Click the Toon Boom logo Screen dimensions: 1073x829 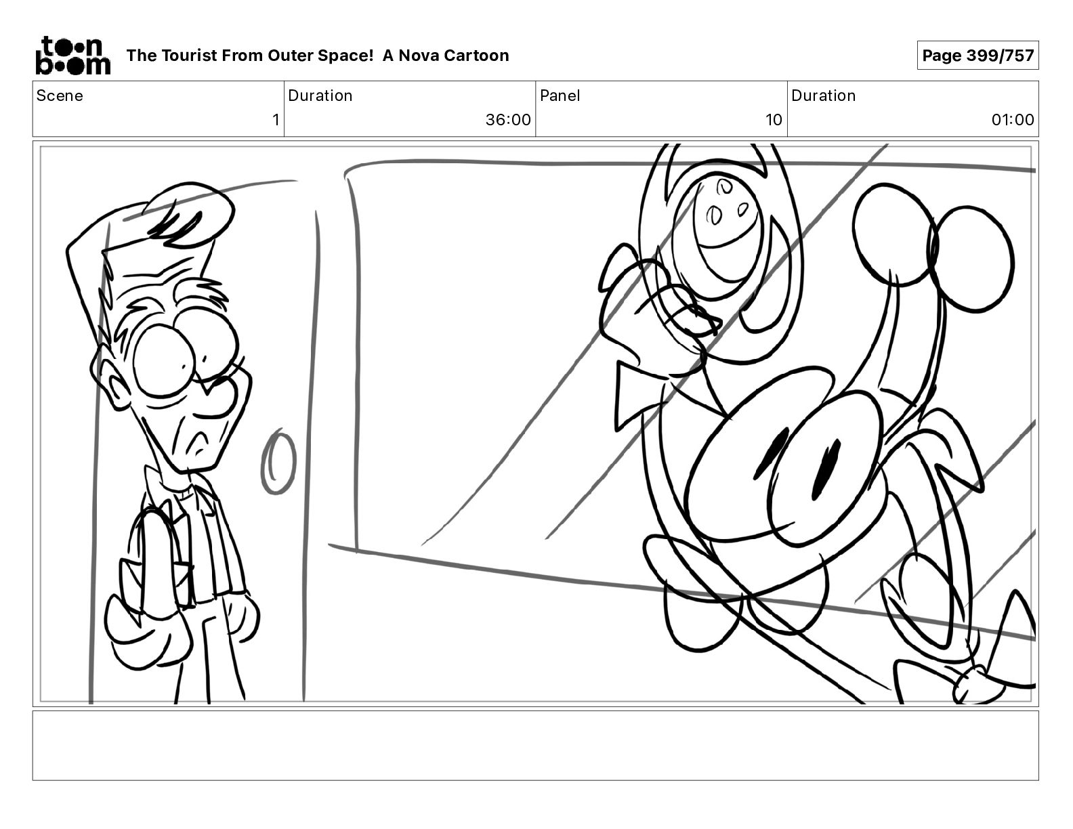pos(73,56)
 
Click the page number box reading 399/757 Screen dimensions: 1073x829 pos(977,56)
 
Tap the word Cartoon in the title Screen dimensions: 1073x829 pos(478,56)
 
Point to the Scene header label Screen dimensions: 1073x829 pos(60,95)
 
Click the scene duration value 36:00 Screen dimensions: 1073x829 pos(508,119)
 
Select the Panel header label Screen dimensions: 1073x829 pos(560,95)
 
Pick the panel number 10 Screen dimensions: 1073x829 pos(774,119)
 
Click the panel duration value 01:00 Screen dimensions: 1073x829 pos(1013,119)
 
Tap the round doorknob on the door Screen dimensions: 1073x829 pos(278,462)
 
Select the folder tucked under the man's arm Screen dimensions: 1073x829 pos(156,558)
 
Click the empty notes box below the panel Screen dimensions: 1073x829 pos(536,746)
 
